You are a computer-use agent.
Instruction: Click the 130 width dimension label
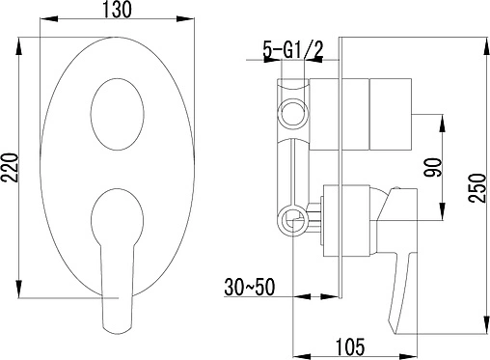[117, 10]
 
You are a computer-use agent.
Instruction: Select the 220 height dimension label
[10, 168]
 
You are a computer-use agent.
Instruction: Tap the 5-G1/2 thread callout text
[292, 50]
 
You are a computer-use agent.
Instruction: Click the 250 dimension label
[476, 188]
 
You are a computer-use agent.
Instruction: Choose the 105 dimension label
[350, 346]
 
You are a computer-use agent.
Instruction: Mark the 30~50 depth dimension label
[250, 287]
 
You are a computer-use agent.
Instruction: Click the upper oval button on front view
[118, 114]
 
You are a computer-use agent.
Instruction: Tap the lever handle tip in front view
[117, 330]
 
